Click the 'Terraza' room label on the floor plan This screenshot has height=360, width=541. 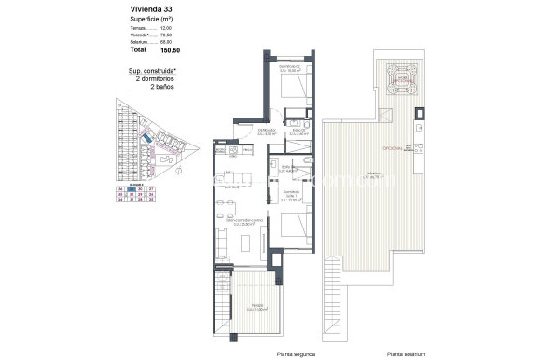tap(250, 309)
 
